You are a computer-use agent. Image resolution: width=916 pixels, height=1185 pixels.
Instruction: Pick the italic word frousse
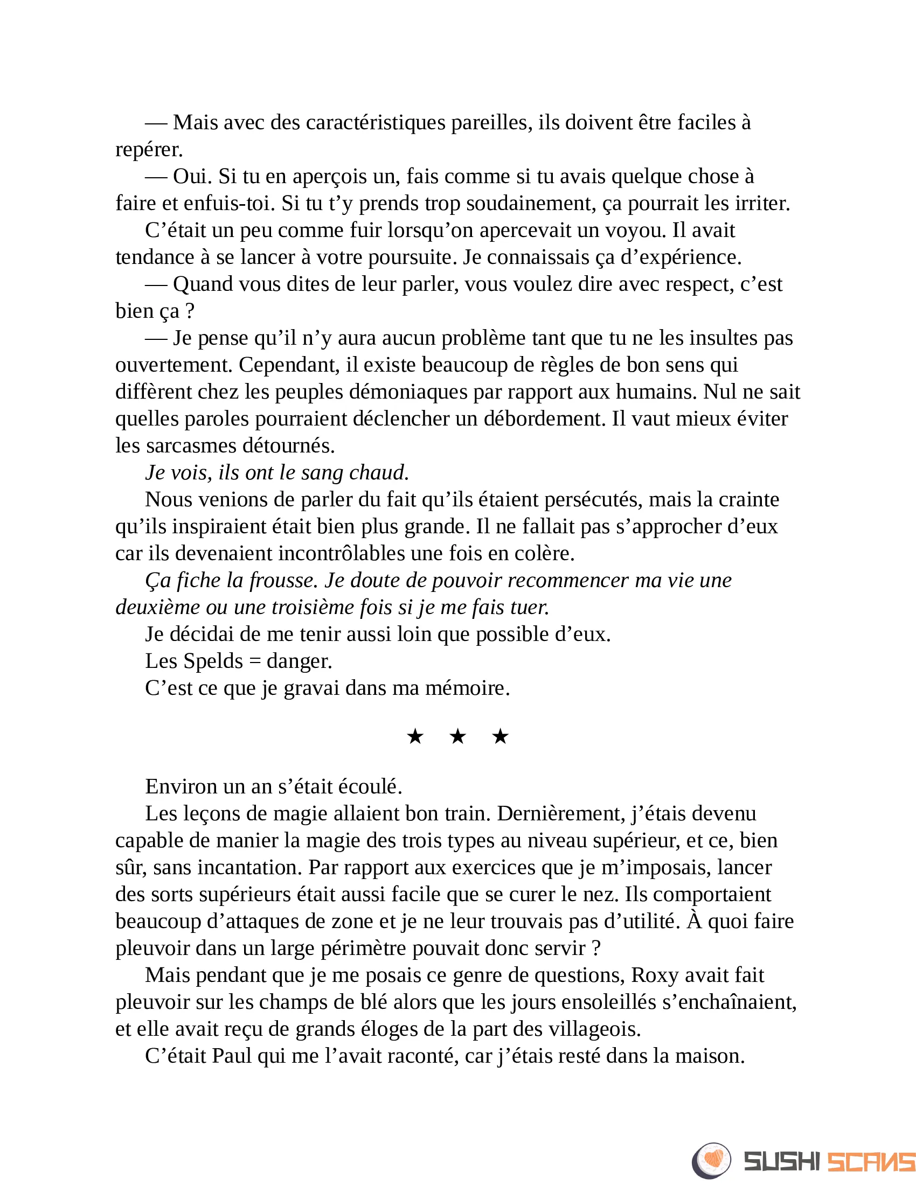[283, 581]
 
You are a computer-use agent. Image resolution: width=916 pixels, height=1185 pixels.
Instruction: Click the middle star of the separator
[458, 737]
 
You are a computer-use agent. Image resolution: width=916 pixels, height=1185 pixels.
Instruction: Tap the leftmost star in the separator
[415, 737]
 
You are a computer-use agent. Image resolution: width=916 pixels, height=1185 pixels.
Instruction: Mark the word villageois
[595, 1029]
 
